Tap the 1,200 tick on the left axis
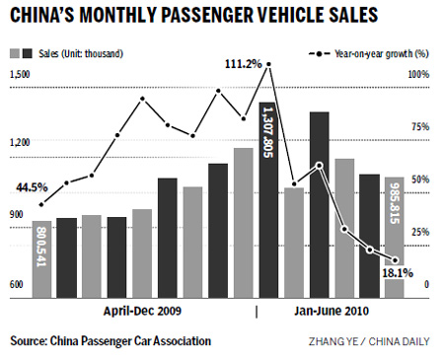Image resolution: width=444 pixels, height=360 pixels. [x=18, y=143]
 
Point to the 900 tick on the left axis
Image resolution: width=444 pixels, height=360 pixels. [x=16, y=214]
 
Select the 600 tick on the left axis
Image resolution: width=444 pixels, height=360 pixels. [x=16, y=284]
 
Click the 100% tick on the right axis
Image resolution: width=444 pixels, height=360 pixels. [x=418, y=74]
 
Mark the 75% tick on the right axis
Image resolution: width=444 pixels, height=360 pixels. [x=420, y=126]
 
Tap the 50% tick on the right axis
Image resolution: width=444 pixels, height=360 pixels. [x=420, y=179]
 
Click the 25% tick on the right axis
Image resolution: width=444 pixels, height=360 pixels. [x=420, y=231]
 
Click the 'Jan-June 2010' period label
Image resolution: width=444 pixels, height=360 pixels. [x=333, y=312]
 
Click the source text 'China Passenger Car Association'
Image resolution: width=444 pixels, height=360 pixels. [x=110, y=341]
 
